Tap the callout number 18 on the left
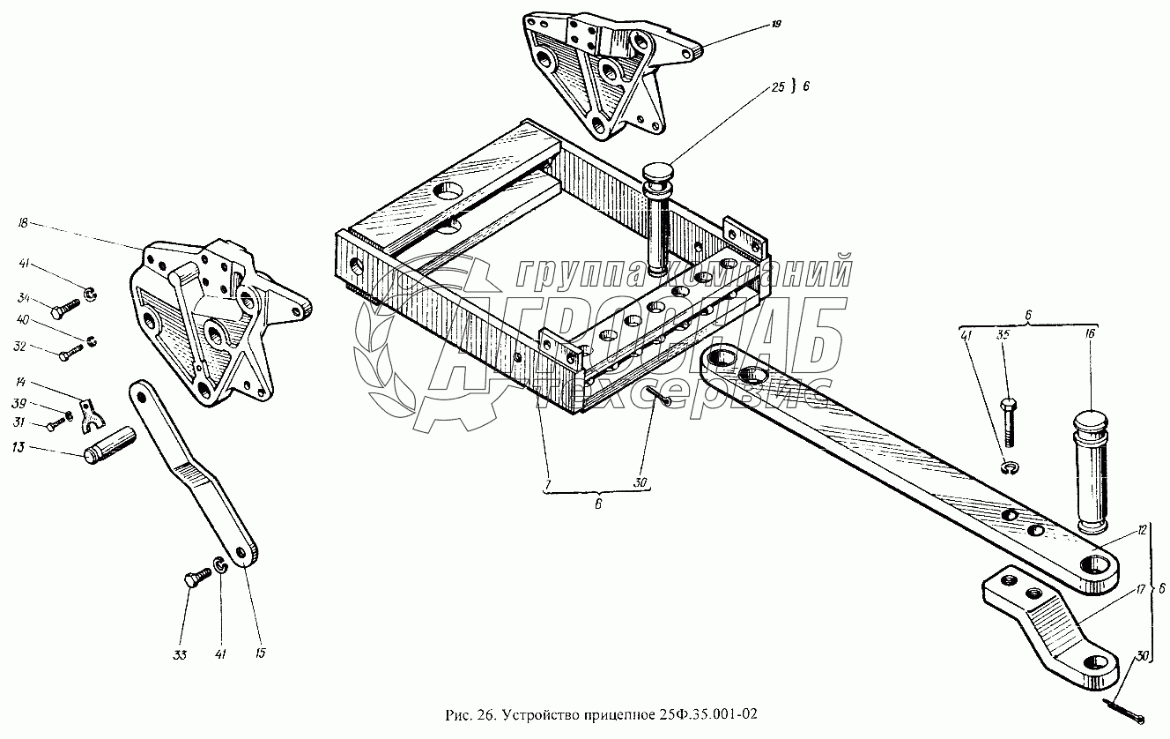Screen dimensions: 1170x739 coord(23,225)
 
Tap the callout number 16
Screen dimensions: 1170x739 coord(1090,335)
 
